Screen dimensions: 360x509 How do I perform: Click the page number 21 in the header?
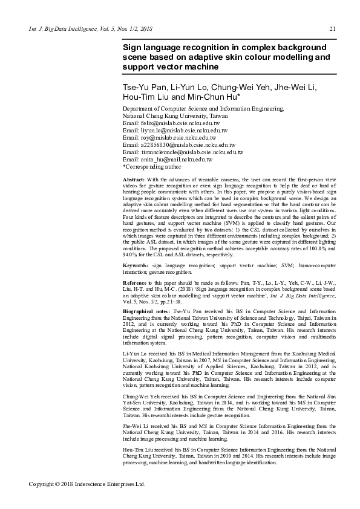(x=332, y=29)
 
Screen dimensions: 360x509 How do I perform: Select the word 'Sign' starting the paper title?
(x=132, y=47)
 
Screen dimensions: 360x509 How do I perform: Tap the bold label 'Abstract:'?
(x=133, y=180)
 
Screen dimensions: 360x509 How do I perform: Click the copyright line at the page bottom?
(x=88, y=484)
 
